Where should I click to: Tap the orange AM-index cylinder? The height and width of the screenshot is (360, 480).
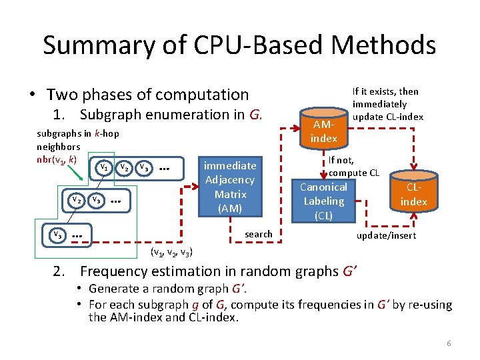[x=324, y=129]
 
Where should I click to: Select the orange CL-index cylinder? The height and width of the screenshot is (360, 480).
[x=413, y=193]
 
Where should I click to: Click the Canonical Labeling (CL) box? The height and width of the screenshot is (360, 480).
[x=323, y=201]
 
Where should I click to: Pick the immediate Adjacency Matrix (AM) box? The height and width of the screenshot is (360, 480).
[x=230, y=187]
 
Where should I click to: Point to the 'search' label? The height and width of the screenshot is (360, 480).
[x=259, y=234]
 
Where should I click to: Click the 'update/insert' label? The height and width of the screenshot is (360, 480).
[x=387, y=235]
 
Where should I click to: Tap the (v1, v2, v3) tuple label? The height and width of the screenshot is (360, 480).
[x=172, y=252]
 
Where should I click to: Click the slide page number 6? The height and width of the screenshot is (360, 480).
[x=449, y=343]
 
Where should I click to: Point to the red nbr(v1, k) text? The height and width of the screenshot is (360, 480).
[x=57, y=159]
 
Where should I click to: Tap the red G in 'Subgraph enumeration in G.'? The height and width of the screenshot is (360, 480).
[x=254, y=114]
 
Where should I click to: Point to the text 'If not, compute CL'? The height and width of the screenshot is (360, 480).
[x=353, y=167]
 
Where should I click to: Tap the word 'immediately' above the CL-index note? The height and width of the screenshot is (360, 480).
[x=379, y=104]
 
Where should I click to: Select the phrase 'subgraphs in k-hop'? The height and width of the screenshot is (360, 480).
[x=77, y=133]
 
